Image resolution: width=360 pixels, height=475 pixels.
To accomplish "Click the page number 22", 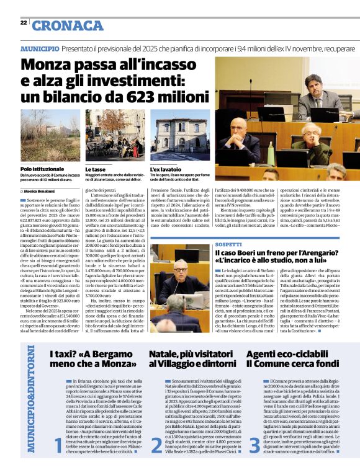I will [x=23, y=22].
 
